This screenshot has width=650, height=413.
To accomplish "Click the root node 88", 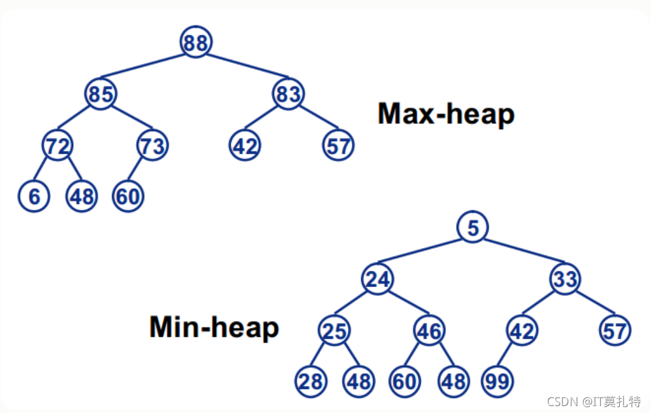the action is point(196,42).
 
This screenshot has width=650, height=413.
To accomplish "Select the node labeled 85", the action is point(101,94).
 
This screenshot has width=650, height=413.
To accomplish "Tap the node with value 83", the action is point(288,94).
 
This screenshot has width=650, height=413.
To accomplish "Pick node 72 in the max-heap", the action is point(57,145).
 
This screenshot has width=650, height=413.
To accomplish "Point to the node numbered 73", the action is point(152,145).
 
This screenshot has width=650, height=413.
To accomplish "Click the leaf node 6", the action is point(34,196).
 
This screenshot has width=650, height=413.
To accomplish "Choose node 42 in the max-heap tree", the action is point(245,145).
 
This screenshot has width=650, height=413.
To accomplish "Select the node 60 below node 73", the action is point(128,196).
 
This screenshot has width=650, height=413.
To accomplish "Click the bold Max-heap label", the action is point(446,114).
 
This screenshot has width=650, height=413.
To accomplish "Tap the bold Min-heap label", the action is point(214,327).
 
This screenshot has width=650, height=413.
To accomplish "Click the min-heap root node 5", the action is point(472,227).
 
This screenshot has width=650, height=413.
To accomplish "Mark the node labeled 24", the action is point(378,279).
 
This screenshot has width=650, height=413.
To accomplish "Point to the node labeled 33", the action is point(565,279).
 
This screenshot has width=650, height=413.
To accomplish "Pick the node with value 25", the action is point(334,331).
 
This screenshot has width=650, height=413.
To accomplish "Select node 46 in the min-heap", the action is point(430,331).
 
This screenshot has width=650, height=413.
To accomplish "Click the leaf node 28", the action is point(311,382).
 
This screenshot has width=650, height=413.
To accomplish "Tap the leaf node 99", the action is point(498,382).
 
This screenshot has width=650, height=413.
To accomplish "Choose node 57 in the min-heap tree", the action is point(615,331).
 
